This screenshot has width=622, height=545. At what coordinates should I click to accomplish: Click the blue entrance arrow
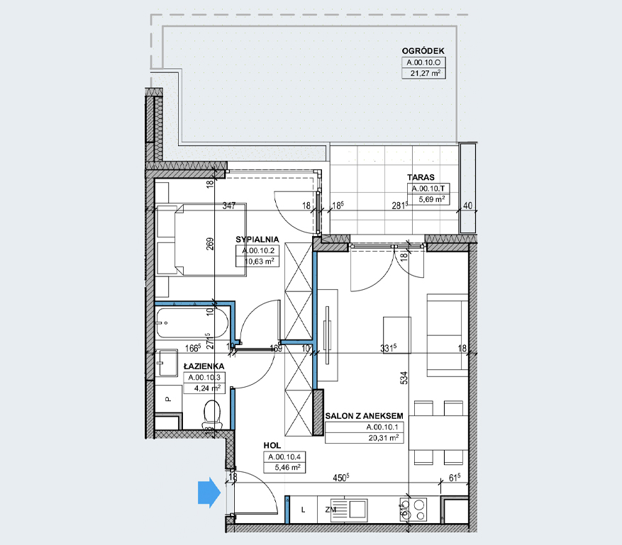[209, 493]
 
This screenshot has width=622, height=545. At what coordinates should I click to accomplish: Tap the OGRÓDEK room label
[423, 51]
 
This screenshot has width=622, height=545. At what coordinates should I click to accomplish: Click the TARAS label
[421, 177]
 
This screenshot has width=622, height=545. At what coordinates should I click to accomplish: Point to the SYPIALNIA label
[257, 240]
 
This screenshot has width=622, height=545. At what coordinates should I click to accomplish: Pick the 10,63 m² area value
[260, 262]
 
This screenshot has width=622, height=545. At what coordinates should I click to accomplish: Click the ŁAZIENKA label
[204, 366]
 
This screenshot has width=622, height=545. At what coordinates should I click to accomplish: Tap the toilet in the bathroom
[212, 414]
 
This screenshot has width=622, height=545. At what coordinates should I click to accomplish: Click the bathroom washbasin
[166, 363]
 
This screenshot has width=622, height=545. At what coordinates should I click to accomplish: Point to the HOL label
[272, 446]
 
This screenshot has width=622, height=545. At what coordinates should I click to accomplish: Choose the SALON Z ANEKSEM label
[364, 416]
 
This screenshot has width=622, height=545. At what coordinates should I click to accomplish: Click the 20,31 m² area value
[383, 438]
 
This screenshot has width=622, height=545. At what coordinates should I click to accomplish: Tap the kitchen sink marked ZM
[349, 510]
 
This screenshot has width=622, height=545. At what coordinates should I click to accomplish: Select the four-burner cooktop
[413, 510]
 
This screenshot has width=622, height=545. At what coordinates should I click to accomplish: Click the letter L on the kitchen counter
[303, 510]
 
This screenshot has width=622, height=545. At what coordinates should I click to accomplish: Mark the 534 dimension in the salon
[404, 378]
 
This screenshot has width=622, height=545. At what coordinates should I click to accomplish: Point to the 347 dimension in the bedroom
[229, 206]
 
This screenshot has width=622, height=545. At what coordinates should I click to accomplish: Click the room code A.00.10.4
[284, 457]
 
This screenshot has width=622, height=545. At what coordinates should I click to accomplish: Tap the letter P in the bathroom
[168, 399]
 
